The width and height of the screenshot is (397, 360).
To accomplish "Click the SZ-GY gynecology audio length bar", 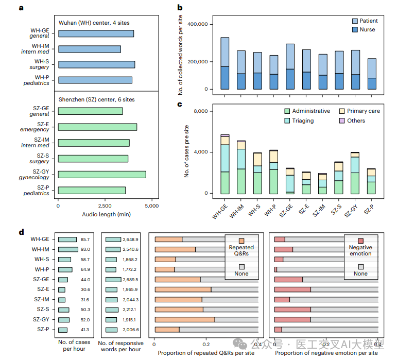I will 101,174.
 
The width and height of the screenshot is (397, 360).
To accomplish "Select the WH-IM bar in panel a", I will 89,49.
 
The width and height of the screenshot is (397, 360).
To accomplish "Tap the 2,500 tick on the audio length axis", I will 105,205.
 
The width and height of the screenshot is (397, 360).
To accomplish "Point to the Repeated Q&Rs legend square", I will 241,241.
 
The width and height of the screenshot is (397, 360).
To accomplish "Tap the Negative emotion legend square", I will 361,241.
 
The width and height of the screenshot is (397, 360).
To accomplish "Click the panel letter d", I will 22,232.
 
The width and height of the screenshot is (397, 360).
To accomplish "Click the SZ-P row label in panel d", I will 41,330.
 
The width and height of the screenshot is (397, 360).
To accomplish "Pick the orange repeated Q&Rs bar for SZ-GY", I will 184,319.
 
